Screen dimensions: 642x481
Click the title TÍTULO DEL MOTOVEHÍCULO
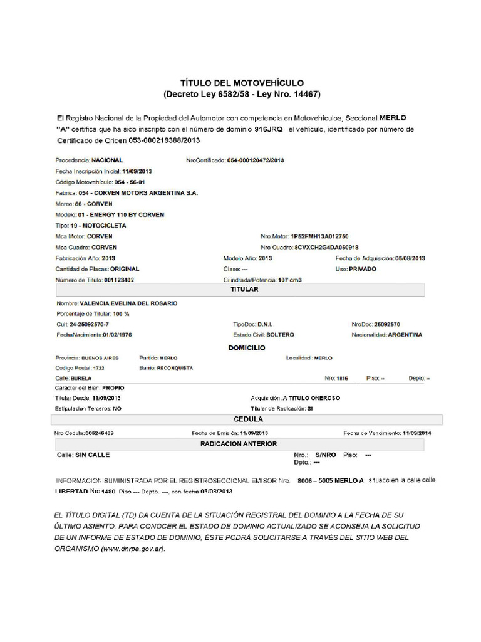coord(242,83)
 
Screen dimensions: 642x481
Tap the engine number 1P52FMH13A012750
coord(319,236)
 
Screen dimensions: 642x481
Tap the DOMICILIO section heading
coord(246,347)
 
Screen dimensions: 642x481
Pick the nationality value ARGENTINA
coord(405,335)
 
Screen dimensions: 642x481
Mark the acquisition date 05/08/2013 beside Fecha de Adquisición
coord(410,258)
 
